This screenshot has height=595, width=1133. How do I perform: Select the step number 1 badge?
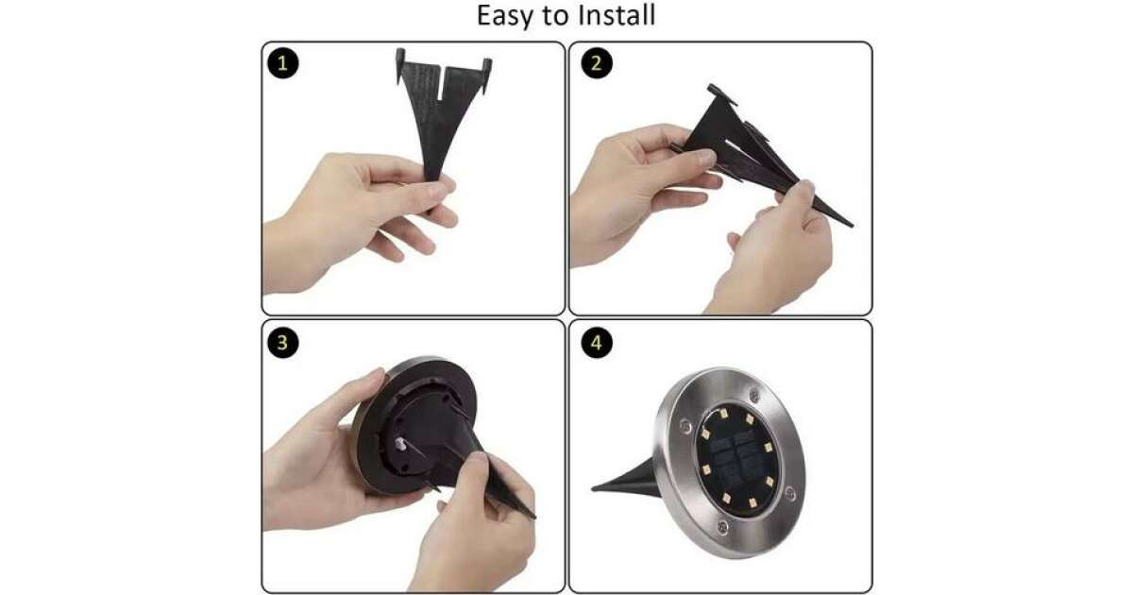point(282,63)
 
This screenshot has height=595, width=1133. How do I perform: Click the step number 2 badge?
point(597,63)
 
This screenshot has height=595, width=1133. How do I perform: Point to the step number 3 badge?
point(282,343)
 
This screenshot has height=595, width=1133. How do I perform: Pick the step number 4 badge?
point(597,343)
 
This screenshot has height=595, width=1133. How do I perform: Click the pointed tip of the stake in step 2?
point(852,226)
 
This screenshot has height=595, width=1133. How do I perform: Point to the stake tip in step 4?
point(594,488)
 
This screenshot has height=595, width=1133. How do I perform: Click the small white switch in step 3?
point(400,445)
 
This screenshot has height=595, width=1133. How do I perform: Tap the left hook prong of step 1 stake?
point(400,65)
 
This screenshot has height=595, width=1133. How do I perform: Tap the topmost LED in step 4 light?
point(724,414)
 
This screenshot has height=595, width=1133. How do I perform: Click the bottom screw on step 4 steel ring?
point(723,527)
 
